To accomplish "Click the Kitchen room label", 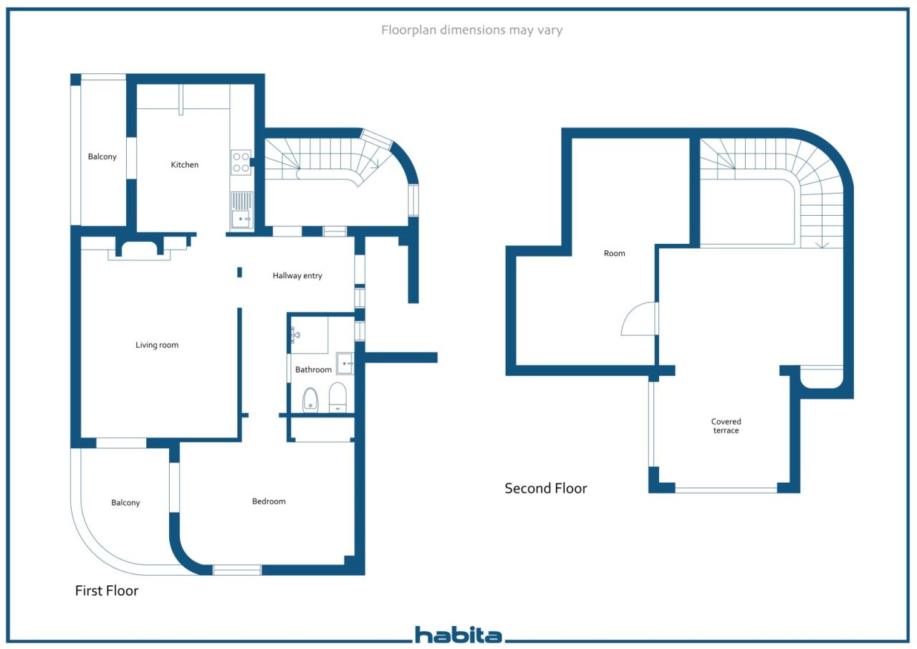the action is pyautogui.click(x=184, y=165).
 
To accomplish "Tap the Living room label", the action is pyautogui.click(x=157, y=345).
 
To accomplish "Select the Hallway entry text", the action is pyautogui.click(x=297, y=276).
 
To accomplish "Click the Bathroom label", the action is pyautogui.click(x=313, y=369).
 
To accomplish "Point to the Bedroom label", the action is pyautogui.click(x=269, y=501).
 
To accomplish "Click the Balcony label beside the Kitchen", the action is pyautogui.click(x=102, y=156).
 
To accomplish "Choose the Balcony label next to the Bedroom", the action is pyautogui.click(x=125, y=503).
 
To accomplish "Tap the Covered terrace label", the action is pyautogui.click(x=726, y=426).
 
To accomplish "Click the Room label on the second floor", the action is pyautogui.click(x=614, y=253).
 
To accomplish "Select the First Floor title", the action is pyautogui.click(x=107, y=590).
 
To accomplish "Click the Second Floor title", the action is pyautogui.click(x=546, y=488).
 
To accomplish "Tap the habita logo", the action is pyautogui.click(x=458, y=635).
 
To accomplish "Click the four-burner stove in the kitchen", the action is pyautogui.click(x=241, y=162).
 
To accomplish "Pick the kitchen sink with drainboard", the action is pyautogui.click(x=242, y=210).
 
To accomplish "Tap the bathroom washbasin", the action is pyautogui.click(x=345, y=364).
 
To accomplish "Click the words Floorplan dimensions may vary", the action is pyautogui.click(x=471, y=30).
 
